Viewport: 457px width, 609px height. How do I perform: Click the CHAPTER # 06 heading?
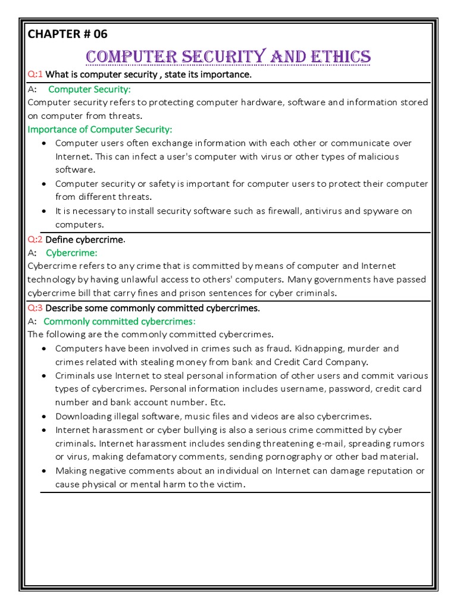click(67, 34)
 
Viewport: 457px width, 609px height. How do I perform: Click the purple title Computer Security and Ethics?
click(228, 57)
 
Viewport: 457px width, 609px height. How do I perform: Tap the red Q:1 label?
click(36, 74)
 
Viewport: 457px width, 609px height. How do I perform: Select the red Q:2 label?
click(36, 239)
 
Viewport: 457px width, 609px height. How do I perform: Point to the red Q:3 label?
click(36, 308)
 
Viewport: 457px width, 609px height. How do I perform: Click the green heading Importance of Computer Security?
click(100, 129)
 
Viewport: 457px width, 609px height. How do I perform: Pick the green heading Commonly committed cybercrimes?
click(119, 321)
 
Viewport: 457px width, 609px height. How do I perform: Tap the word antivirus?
click(340, 211)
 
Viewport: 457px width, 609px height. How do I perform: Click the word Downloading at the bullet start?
click(83, 416)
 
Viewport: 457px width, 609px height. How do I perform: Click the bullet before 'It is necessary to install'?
click(45, 211)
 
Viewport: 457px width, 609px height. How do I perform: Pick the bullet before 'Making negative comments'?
click(45, 470)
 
